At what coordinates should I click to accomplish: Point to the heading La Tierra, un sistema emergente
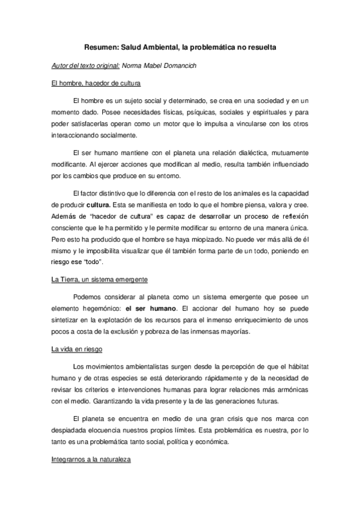coord(100,281)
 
